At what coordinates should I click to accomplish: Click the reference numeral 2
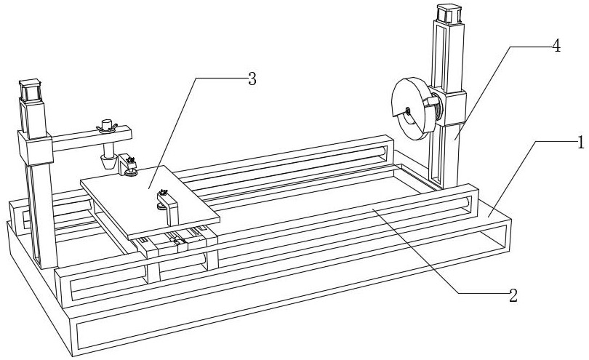(x=514, y=295)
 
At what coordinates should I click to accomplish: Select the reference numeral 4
(x=556, y=45)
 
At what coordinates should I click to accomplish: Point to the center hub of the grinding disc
(x=409, y=111)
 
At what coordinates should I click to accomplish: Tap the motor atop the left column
(x=29, y=90)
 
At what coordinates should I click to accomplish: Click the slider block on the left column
(x=38, y=148)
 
